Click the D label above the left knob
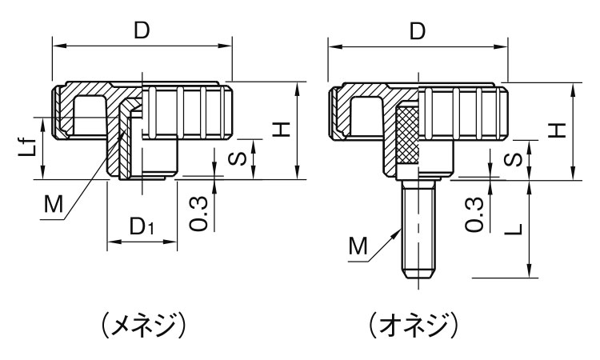[142, 30]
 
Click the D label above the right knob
[418, 31]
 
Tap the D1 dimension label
[142, 226]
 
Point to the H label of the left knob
[282, 130]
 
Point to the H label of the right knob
[557, 130]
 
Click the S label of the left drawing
[237, 158]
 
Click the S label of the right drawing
[513, 159]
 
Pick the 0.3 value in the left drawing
[198, 214]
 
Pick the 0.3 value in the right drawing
[474, 214]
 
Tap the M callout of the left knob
[53, 204]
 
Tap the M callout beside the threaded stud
[358, 246]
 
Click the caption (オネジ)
[414, 325]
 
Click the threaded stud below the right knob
[418, 229]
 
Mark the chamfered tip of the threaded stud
[418, 274]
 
